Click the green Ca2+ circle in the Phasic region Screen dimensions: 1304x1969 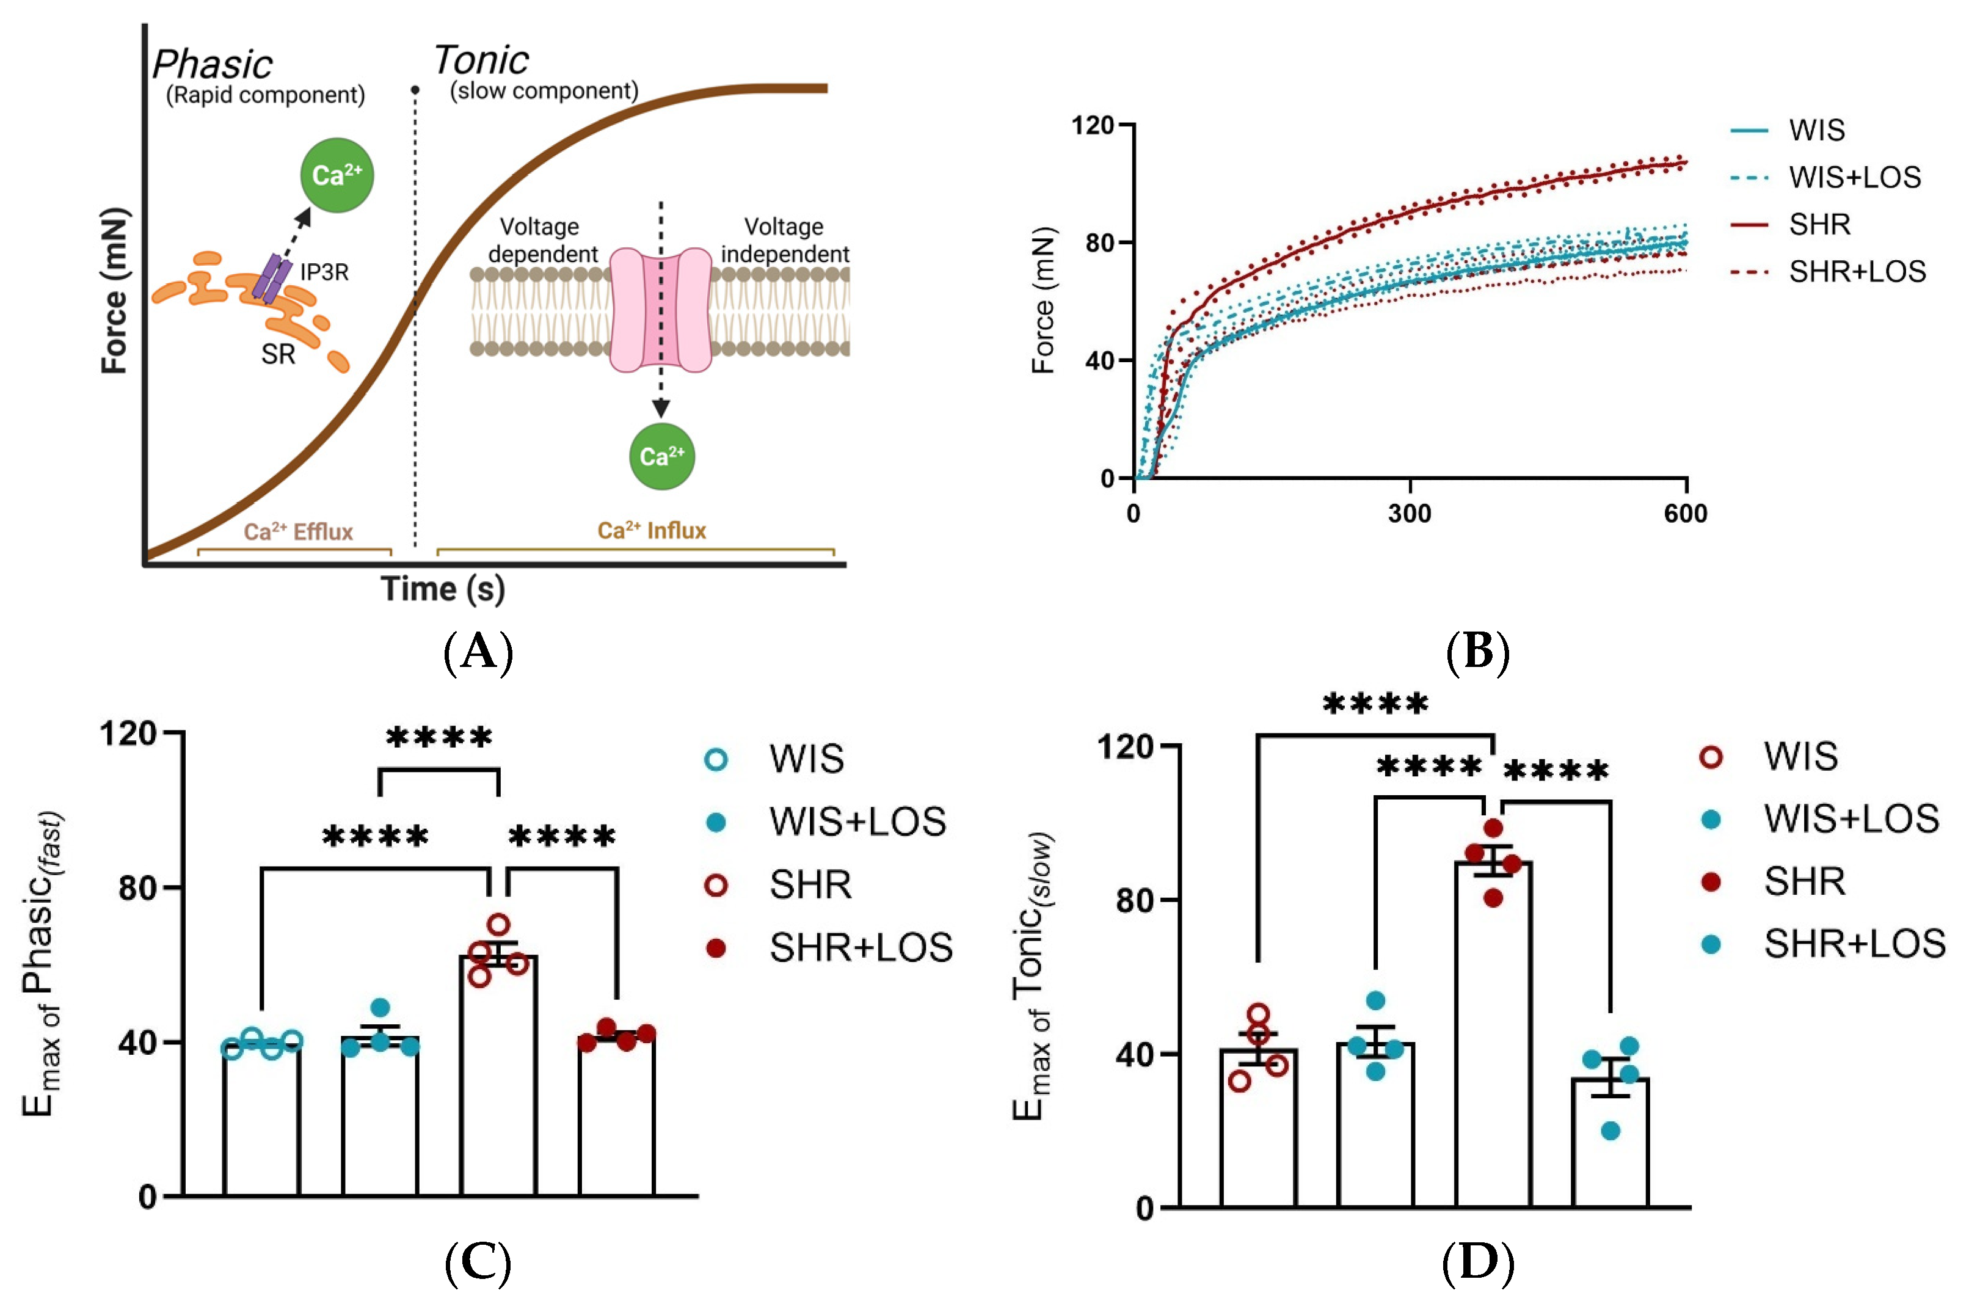click(337, 175)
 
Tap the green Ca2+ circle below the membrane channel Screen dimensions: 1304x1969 click(661, 456)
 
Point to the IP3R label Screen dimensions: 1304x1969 click(324, 272)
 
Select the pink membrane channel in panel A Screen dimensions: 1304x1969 click(661, 308)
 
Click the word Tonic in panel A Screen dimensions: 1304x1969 click(481, 60)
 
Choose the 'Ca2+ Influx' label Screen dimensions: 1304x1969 click(652, 531)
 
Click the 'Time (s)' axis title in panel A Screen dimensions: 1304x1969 click(443, 589)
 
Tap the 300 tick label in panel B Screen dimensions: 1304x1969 click(1410, 514)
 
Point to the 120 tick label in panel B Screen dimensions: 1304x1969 click(1093, 126)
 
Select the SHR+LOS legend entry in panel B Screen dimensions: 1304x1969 click(1857, 272)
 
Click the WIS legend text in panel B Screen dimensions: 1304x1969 click(1817, 131)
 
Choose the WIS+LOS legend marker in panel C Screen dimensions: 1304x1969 click(716, 823)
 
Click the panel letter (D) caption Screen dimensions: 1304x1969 click(1477, 1262)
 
